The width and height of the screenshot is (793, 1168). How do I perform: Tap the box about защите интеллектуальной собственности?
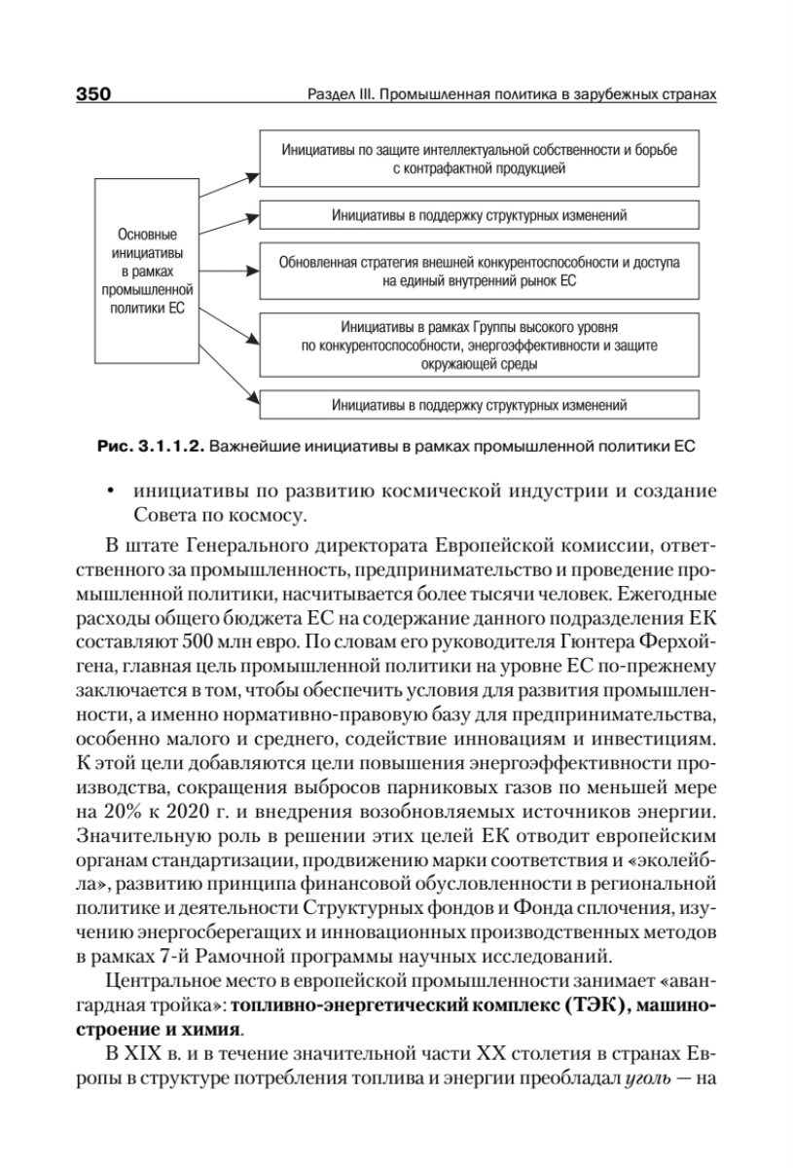click(479, 159)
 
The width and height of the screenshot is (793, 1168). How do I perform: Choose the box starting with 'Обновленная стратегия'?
click(479, 271)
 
